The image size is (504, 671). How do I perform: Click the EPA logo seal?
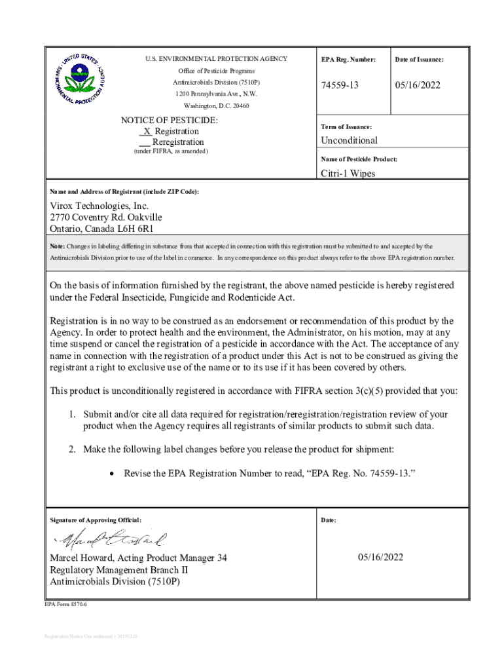(x=78, y=79)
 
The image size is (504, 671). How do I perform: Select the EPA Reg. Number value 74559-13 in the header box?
(x=340, y=86)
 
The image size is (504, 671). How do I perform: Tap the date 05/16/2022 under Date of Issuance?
(x=418, y=86)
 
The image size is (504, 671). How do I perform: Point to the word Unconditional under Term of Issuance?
(x=349, y=140)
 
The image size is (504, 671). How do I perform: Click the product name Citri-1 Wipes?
(x=348, y=174)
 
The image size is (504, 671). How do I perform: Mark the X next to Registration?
(x=147, y=131)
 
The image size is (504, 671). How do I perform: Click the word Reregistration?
(x=178, y=142)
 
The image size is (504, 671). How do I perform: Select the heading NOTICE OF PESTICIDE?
(x=170, y=121)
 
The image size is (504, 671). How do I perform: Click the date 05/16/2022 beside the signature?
(x=380, y=558)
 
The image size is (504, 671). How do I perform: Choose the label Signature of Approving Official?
(x=96, y=520)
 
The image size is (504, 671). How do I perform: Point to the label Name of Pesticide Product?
(x=359, y=159)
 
